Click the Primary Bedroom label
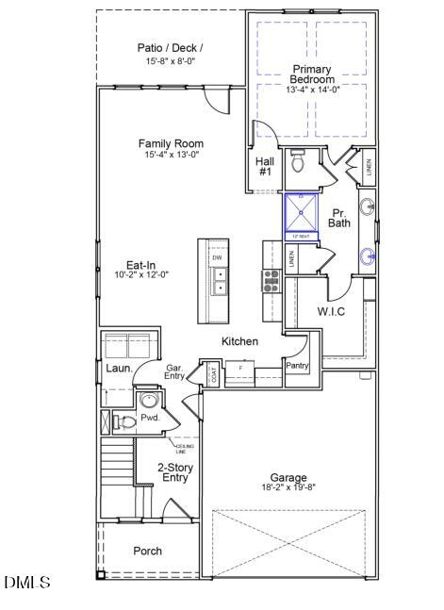[311, 74]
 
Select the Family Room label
[172, 143]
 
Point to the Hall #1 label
[265, 167]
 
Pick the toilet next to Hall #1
[299, 162]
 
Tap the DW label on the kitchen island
[217, 257]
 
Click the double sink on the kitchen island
[219, 280]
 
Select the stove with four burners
[271, 279]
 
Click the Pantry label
[298, 365]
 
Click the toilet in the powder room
[123, 421]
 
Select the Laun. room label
[118, 369]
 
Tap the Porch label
[146, 551]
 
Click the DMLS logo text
[27, 583]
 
